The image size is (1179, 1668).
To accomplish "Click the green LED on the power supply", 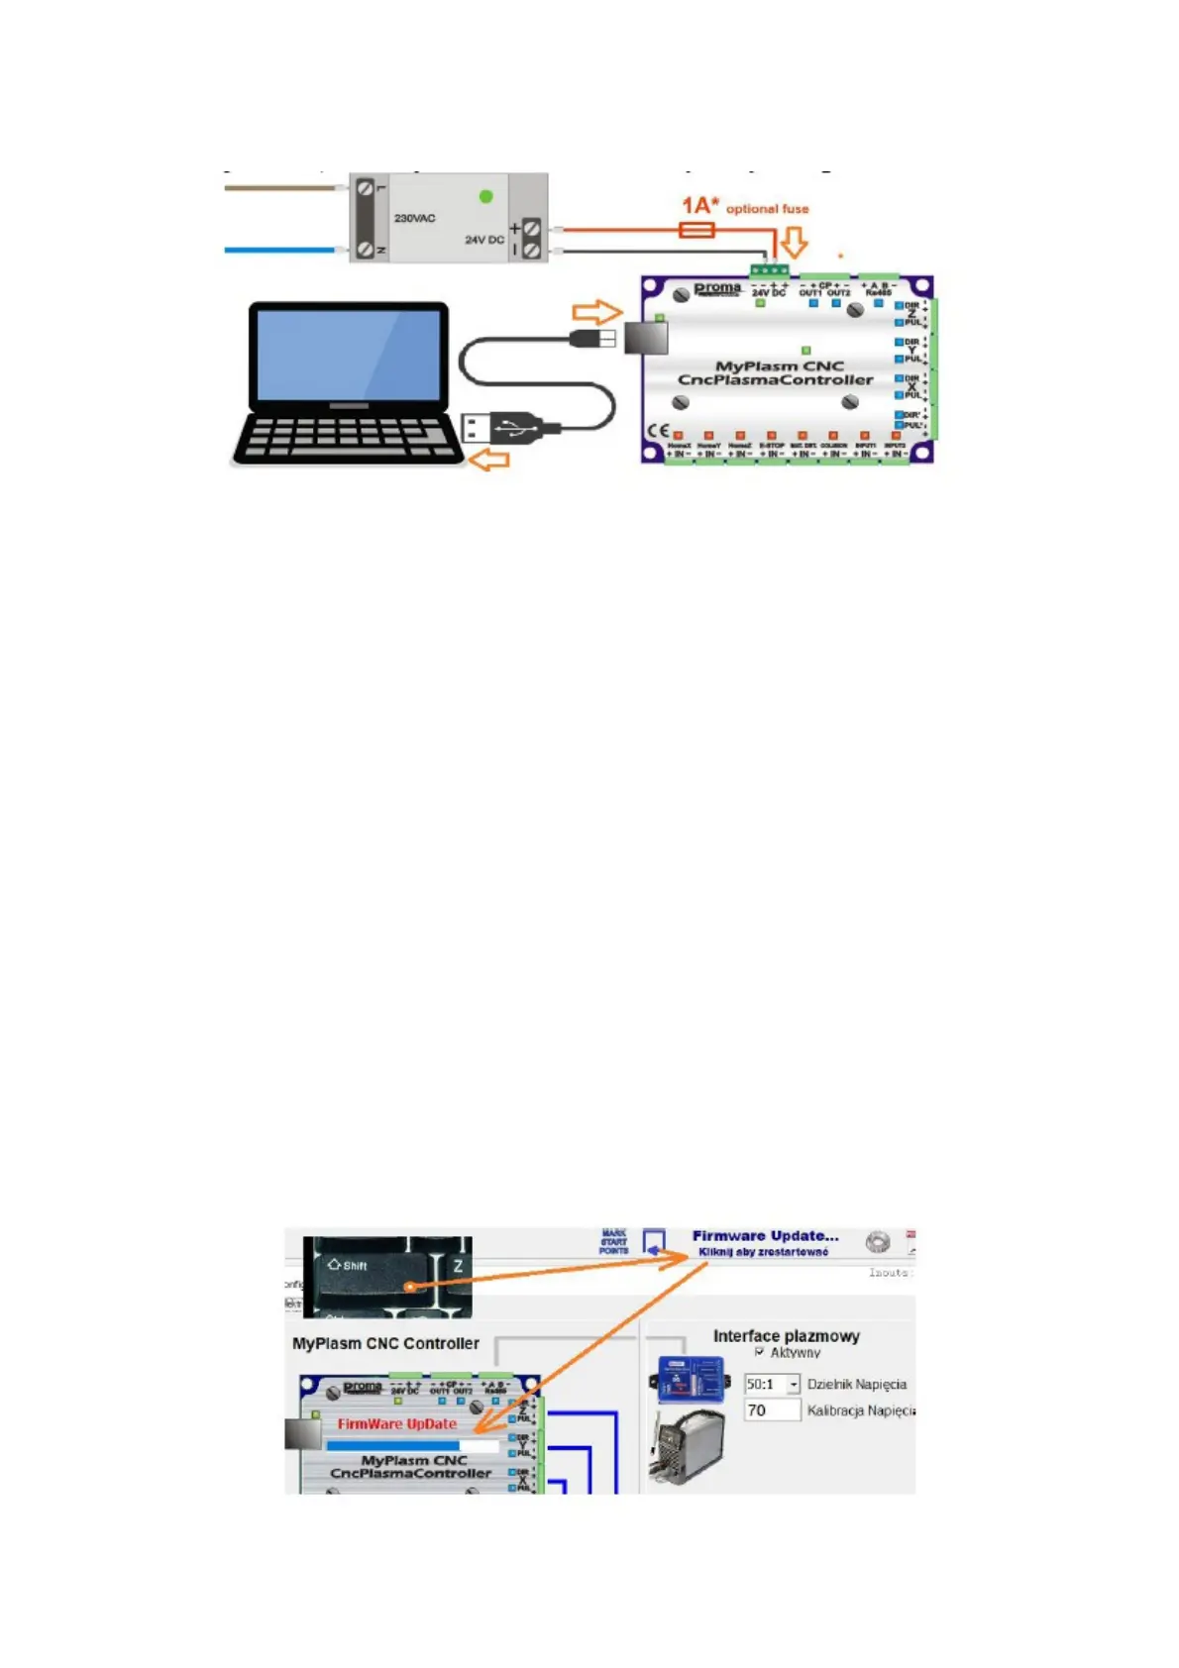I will [485, 196].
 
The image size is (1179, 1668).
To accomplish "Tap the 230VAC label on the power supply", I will [414, 218].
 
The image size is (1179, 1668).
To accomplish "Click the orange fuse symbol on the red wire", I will [697, 230].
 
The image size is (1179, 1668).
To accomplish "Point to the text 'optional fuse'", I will [767, 209].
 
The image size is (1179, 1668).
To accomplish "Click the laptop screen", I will [348, 355].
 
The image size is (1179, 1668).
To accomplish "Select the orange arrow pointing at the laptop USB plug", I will [488, 460].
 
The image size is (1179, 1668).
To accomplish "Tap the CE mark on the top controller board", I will [658, 431].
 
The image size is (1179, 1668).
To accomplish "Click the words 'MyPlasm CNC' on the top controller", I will [779, 365].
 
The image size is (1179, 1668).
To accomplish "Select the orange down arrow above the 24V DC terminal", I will [794, 243].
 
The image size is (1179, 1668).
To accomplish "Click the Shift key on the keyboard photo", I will [372, 1272].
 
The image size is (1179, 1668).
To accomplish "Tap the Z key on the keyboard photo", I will [458, 1266].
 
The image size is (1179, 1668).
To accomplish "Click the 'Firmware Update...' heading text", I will [765, 1236].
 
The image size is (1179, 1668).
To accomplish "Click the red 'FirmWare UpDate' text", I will [396, 1423].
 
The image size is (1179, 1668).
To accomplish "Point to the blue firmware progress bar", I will [393, 1445].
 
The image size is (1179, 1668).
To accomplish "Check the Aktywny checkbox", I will [760, 1352].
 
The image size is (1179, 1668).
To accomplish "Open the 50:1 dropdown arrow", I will [794, 1385].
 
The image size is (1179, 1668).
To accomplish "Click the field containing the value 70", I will [772, 1410].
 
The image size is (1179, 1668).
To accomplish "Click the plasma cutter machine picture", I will [687, 1447].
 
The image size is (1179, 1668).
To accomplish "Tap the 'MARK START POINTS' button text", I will [613, 1242].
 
